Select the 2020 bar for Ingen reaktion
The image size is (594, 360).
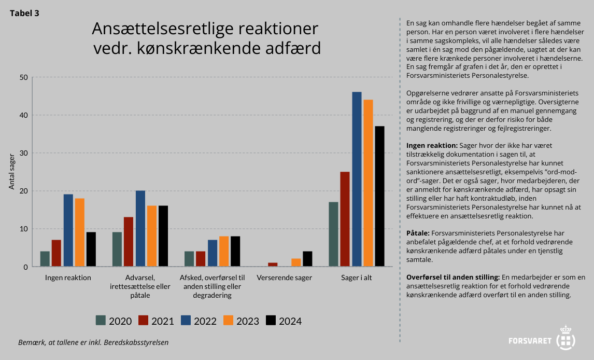[x=45, y=259]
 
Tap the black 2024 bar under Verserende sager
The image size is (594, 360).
[x=307, y=259]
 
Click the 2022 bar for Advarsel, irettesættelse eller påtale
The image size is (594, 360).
[x=140, y=229]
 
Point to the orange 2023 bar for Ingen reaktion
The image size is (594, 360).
[x=79, y=232]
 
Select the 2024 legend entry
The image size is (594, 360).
[x=284, y=321]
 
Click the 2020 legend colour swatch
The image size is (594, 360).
[x=101, y=321]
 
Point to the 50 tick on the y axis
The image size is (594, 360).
[x=23, y=77]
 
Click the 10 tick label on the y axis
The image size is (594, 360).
[x=23, y=229]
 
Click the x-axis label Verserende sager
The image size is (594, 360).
[x=285, y=278]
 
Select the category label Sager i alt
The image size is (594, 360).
[x=357, y=278]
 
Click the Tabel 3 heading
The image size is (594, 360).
[x=24, y=13]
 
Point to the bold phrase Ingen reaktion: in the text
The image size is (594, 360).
[x=432, y=145]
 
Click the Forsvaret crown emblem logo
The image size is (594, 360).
[x=566, y=337]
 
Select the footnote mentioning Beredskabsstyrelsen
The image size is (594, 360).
[x=93, y=342]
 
